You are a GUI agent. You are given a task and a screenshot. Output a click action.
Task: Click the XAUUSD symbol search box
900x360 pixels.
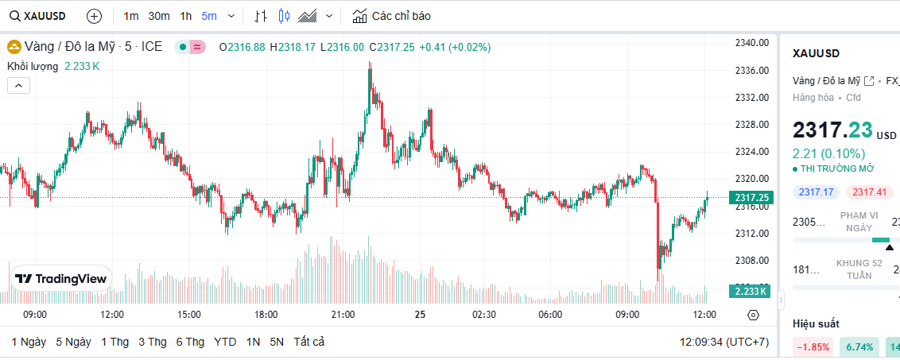38,16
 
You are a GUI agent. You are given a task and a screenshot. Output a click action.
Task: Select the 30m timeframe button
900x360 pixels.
159,16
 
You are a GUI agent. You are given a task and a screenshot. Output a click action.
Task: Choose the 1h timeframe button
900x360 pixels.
186,16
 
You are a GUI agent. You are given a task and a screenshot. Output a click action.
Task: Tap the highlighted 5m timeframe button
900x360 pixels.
208,16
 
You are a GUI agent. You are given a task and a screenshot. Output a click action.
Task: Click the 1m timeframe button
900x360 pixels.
131,16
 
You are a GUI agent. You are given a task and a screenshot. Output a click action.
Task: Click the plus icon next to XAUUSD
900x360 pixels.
94,16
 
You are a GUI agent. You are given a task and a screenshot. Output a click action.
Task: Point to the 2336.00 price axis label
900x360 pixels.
751,71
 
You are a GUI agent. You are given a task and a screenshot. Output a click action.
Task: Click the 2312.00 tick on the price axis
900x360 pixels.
751,233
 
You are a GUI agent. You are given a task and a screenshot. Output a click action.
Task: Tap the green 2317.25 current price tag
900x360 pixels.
751,198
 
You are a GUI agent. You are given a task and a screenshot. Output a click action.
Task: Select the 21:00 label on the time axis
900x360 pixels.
343,315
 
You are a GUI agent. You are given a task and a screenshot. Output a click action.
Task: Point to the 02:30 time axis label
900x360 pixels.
483,315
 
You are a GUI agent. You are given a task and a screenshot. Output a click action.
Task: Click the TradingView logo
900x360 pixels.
61,279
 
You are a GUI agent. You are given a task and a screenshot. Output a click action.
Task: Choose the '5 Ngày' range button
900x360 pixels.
73,342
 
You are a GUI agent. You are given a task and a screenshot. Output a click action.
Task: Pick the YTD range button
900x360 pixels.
225,342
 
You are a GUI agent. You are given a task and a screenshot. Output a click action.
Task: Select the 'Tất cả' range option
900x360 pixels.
308,342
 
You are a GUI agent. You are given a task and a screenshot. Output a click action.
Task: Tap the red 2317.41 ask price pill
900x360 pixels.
871,192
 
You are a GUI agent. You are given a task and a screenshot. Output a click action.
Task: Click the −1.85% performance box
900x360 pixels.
813,346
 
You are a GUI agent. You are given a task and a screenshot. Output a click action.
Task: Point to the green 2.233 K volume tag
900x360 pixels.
751,291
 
